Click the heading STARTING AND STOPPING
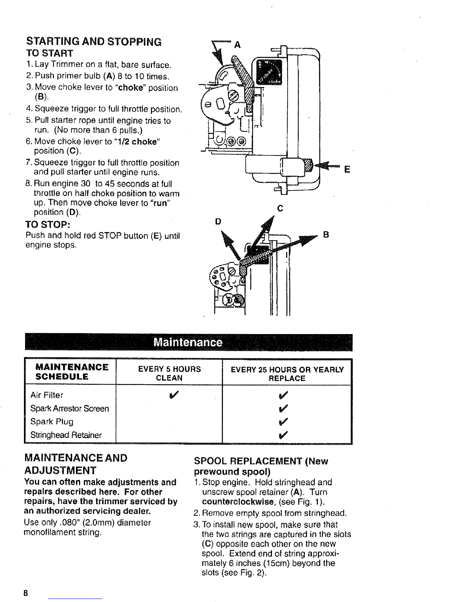[x=93, y=41]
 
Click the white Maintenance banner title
[x=188, y=342]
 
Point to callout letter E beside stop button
[x=346, y=169]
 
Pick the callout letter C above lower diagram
[x=280, y=209]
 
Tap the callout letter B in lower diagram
[x=325, y=235]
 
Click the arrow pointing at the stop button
[x=327, y=166]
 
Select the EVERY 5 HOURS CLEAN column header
[x=169, y=374]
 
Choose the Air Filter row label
[x=47, y=395]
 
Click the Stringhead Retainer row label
[x=66, y=435]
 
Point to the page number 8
[x=26, y=592]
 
